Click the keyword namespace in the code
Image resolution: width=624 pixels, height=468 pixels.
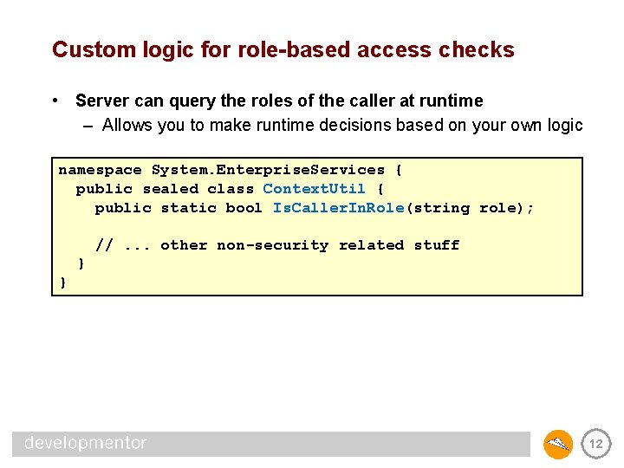100,170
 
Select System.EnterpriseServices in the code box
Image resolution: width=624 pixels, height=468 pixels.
268,170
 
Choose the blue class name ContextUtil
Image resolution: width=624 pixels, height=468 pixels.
314,189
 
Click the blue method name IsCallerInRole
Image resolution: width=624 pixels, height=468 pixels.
338,208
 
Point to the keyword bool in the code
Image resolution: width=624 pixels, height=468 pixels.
244,208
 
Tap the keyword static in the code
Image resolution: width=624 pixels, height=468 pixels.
189,208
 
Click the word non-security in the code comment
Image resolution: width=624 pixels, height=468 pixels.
272,245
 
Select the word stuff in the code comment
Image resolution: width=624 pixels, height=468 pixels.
436,245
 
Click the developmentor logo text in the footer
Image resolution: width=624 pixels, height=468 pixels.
85,443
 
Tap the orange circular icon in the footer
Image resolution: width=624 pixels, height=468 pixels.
558,444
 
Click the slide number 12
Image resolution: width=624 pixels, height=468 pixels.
595,444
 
